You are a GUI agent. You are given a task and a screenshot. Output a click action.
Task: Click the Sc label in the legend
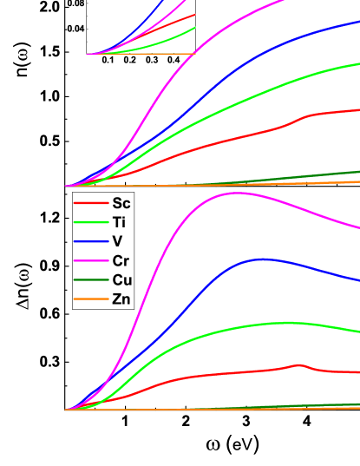click(x=121, y=203)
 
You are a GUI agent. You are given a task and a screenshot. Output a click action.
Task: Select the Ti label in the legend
click(x=121, y=222)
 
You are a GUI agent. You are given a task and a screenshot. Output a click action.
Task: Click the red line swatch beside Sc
click(x=90, y=203)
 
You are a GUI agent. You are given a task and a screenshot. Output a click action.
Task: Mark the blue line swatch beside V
click(x=90, y=241)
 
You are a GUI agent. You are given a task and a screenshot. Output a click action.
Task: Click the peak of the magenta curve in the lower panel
click(x=235, y=193)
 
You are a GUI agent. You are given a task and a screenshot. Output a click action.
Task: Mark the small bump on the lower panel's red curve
click(x=298, y=364)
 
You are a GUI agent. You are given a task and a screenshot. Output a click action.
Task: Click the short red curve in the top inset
click(x=173, y=22)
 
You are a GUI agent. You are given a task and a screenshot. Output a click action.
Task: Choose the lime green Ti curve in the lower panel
click(x=260, y=324)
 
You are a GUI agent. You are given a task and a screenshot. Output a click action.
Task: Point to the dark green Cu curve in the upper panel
click(x=330, y=174)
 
